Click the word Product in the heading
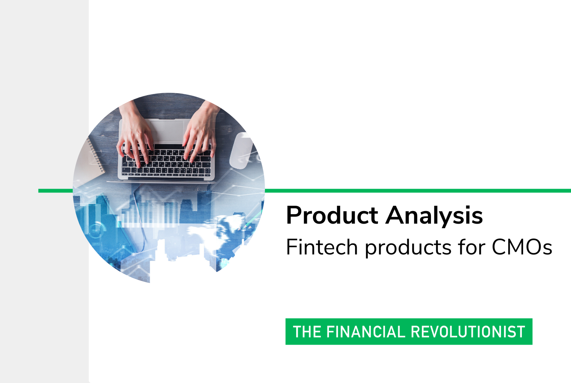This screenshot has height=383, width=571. tap(332, 215)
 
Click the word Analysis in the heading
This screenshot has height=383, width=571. tap(434, 216)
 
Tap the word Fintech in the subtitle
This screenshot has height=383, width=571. tap(322, 247)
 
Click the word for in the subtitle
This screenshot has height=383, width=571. tap(472, 247)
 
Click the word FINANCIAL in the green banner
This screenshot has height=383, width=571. tap(366, 332)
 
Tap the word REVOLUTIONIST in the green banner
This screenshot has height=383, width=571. tap(468, 332)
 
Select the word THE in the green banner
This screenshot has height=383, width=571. tap(307, 332)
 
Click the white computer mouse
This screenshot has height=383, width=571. tap(241, 151)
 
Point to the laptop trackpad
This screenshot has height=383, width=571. tap(167, 131)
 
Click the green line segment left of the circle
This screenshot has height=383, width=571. tap(56, 191)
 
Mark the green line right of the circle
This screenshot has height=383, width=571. tap(418, 191)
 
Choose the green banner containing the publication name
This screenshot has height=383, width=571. tap(409, 332)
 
